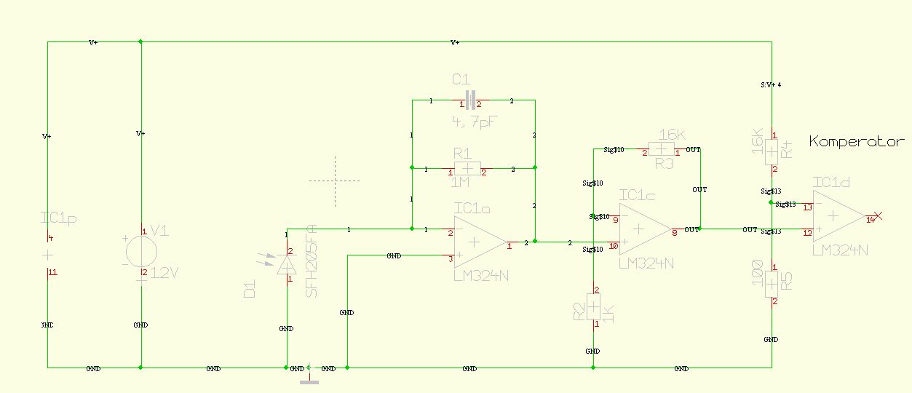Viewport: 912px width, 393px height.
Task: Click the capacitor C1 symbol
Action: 470,100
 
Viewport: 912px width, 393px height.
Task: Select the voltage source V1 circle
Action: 141,253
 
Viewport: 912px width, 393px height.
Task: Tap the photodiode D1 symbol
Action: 286,266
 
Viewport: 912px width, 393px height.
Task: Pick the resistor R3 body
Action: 661,151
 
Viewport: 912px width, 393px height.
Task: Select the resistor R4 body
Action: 772,152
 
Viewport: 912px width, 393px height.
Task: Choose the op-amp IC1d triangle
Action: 837,217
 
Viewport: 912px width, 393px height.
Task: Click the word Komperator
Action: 857,142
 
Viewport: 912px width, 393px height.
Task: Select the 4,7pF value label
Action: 474,122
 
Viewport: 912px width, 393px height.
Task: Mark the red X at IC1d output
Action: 877,216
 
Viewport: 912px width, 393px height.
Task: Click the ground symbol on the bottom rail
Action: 310,376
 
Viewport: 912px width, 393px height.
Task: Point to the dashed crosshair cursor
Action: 335,180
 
